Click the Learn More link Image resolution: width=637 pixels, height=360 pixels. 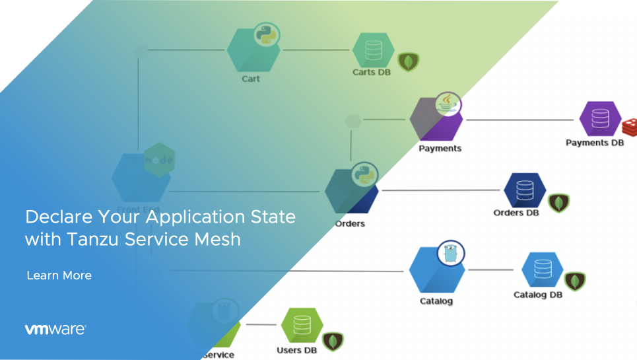click(59, 275)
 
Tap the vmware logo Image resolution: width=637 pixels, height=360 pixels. click(55, 329)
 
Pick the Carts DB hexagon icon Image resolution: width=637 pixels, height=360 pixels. click(373, 50)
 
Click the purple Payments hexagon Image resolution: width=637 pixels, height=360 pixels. click(436, 119)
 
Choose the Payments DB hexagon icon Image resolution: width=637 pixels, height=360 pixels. click(600, 119)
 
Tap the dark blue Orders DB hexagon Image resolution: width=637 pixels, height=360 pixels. click(525, 190)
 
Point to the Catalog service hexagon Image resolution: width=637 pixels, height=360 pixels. click(436, 270)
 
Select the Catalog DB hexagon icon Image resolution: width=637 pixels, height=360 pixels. click(542, 270)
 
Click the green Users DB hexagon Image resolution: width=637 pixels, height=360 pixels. click(302, 326)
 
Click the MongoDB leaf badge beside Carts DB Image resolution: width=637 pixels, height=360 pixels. click(410, 61)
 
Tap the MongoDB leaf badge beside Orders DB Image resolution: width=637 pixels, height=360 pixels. click(559, 202)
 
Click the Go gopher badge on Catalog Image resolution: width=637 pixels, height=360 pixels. click(452, 252)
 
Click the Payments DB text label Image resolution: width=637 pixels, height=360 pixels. click(594, 143)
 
